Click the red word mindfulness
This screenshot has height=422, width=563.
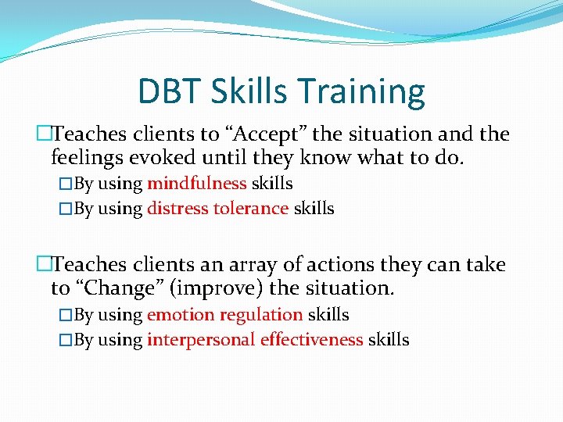197,184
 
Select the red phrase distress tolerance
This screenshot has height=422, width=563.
217,209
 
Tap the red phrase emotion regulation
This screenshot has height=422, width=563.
224,315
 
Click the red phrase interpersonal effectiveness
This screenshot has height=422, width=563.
255,340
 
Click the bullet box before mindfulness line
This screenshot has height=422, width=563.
65,184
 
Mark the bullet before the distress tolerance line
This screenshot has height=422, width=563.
65,209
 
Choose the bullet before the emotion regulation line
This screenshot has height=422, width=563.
65,316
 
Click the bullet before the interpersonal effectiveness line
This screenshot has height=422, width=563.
65,341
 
